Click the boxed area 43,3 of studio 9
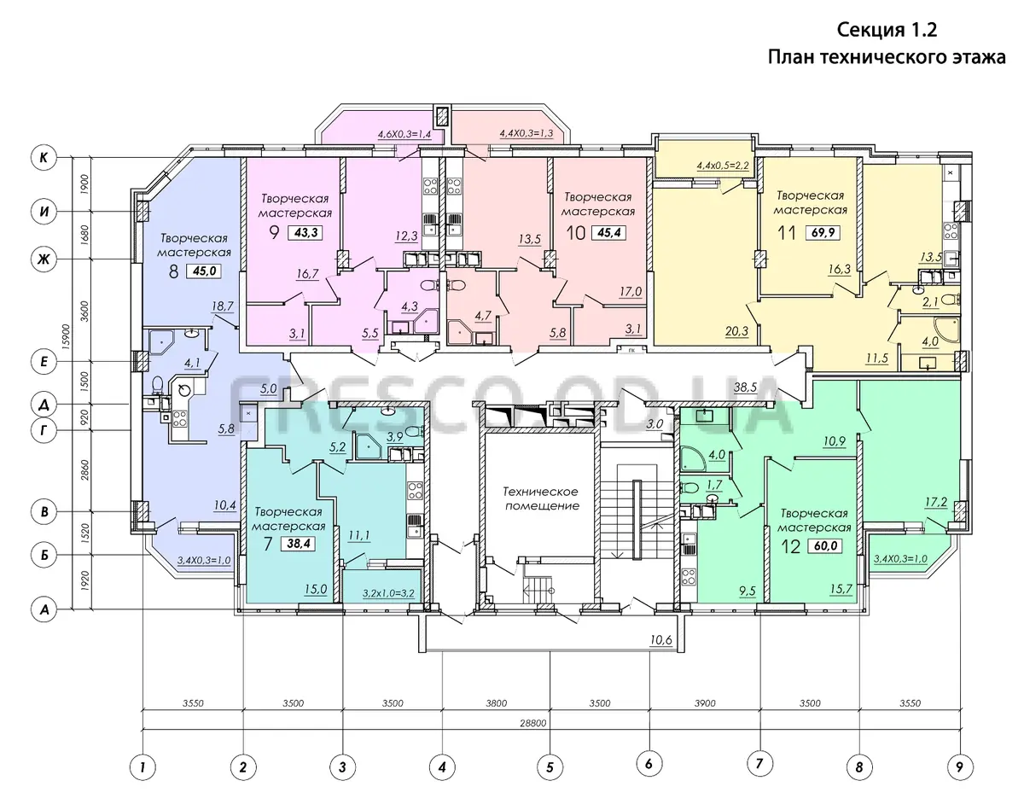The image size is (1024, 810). pyautogui.click(x=306, y=233)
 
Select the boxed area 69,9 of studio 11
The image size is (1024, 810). pyautogui.click(x=823, y=233)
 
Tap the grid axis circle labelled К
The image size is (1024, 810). pyautogui.click(x=44, y=157)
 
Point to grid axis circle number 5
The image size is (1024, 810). pyautogui.click(x=550, y=767)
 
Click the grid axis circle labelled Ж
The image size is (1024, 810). pyautogui.click(x=44, y=259)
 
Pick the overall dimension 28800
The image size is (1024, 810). pyautogui.click(x=533, y=723)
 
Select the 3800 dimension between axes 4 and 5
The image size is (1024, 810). pyautogui.click(x=497, y=703)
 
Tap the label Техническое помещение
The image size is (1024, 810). pyautogui.click(x=542, y=498)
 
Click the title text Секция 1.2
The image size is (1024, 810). pyautogui.click(x=887, y=30)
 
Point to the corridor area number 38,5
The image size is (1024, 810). pyautogui.click(x=745, y=387)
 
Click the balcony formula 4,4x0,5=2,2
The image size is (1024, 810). pyautogui.click(x=723, y=166)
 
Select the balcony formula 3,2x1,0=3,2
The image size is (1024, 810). pyautogui.click(x=388, y=593)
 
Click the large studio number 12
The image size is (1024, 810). pyautogui.click(x=791, y=546)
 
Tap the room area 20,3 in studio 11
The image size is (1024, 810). pyautogui.click(x=736, y=331)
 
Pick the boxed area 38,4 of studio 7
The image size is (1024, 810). pyautogui.click(x=299, y=543)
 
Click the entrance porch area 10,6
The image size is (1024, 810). pyautogui.click(x=661, y=640)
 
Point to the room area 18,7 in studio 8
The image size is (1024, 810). pyautogui.click(x=222, y=306)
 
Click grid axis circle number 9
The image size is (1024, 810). pyautogui.click(x=959, y=767)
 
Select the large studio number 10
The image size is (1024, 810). pyautogui.click(x=576, y=233)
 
